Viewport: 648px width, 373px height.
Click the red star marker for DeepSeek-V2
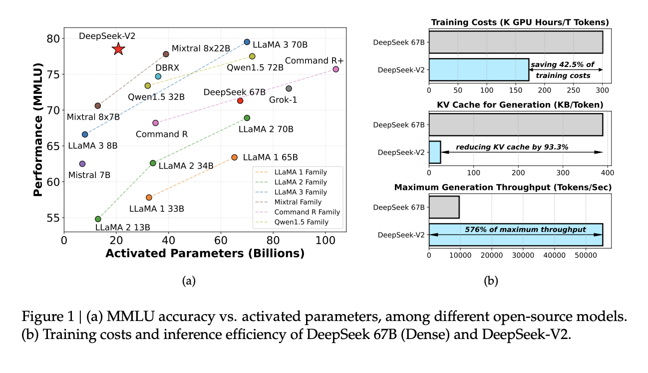118,49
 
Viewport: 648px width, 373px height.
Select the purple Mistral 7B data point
82,164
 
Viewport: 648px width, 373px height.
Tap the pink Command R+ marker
336,69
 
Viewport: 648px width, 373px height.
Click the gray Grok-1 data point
289,88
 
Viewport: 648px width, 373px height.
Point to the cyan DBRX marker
158,76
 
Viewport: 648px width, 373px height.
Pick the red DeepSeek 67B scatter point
240,100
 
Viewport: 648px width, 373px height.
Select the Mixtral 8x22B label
201,48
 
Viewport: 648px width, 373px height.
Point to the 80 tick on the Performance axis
53,38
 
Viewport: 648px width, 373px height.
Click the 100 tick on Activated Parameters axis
325,240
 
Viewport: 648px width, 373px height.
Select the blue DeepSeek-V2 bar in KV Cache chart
434,152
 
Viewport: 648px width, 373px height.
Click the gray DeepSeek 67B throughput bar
444,207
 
